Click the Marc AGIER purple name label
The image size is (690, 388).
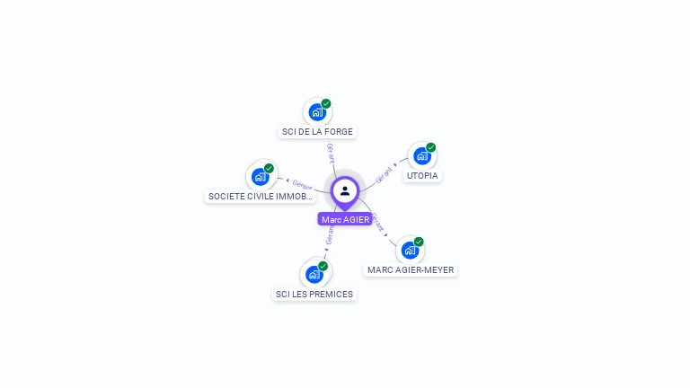(345, 219)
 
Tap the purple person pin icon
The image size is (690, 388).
(345, 191)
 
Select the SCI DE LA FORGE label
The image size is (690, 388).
(318, 131)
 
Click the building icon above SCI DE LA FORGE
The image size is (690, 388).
(316, 112)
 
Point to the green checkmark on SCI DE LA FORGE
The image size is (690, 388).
(326, 103)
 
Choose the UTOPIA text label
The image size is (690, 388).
(422, 175)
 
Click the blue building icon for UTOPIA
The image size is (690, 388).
(421, 156)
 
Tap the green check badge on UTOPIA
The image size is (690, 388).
(431, 147)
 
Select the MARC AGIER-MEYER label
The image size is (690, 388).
(411, 269)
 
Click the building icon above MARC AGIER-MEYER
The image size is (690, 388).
(410, 251)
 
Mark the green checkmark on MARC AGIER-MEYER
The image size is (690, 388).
(419, 242)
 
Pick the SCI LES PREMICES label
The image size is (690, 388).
(314, 294)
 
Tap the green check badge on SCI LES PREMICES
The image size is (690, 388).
(323, 266)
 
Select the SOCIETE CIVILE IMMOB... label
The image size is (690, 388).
(261, 196)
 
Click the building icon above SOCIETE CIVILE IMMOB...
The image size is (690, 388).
(260, 177)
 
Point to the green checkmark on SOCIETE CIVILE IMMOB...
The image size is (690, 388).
(269, 168)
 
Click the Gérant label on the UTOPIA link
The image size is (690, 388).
(384, 172)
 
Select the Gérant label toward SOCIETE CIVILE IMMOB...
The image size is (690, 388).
(302, 185)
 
